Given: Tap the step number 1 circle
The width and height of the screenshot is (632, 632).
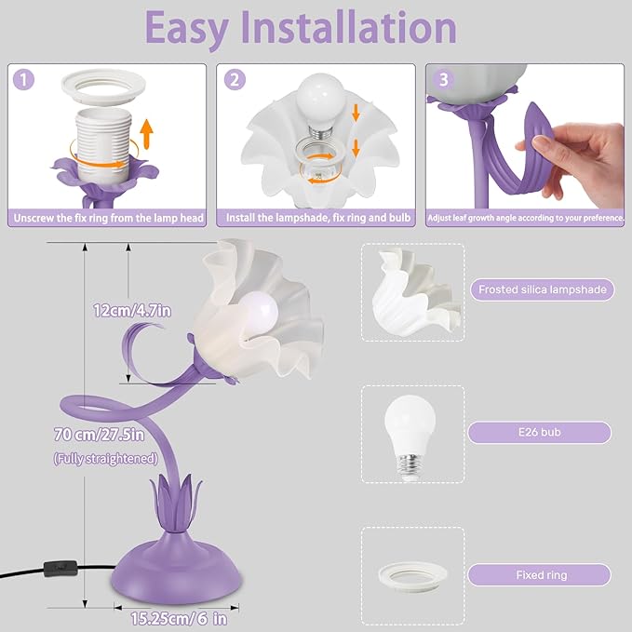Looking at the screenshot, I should click(24, 80).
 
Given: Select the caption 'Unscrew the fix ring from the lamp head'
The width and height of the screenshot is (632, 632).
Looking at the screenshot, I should click(107, 218).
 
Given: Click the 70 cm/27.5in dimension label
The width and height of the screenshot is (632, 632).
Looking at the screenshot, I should click(98, 435).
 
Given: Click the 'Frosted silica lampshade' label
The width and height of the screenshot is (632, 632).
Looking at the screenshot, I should click(542, 289).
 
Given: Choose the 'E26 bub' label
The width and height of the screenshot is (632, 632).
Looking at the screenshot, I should click(540, 432).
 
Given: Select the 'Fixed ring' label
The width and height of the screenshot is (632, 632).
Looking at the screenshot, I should click(540, 575).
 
